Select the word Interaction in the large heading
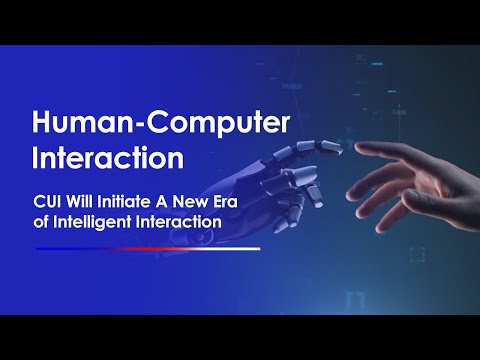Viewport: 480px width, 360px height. tap(108, 158)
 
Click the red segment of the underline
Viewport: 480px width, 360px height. tap(150, 248)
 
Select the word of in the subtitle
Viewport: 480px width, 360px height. tap(41, 220)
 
